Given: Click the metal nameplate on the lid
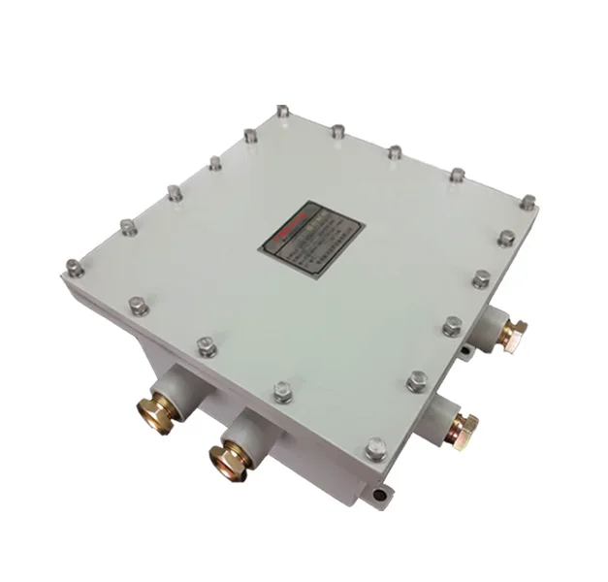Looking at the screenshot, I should [x=310, y=230].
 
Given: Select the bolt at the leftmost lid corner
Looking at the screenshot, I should [x=75, y=265].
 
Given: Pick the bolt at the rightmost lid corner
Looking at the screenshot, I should [x=528, y=203].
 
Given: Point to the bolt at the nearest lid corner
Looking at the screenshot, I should [x=376, y=448].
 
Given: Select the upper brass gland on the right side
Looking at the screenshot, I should [x=514, y=332].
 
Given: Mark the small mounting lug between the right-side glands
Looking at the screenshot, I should [x=467, y=347].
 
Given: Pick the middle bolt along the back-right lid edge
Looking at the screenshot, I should [x=396, y=152].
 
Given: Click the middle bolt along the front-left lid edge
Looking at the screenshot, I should [x=206, y=345].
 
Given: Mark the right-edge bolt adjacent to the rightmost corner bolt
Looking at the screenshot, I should [x=505, y=238].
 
